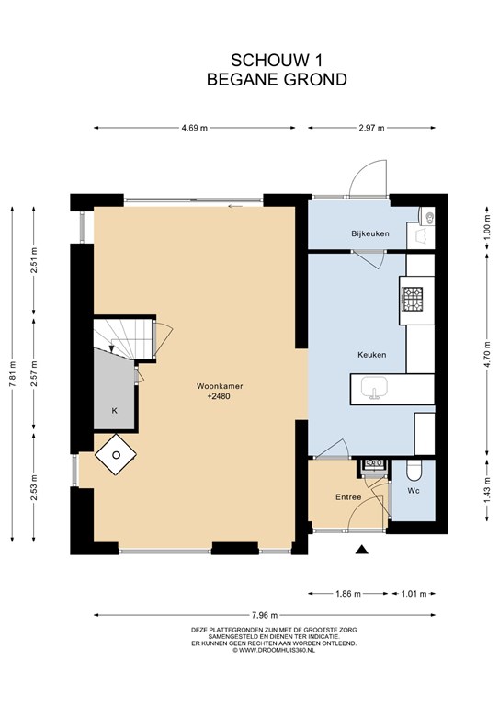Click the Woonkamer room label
click(x=220, y=386)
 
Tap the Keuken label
click(x=371, y=354)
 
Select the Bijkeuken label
click(x=369, y=233)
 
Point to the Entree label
click(x=348, y=497)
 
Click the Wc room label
click(x=413, y=490)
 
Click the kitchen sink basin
click(x=374, y=388)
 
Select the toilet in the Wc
click(x=414, y=471)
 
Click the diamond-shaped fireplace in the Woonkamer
click(x=116, y=454)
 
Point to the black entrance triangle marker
click(x=362, y=550)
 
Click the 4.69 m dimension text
click(x=195, y=128)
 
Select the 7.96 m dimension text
click(x=265, y=615)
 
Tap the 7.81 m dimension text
click(x=13, y=374)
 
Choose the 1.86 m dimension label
click(x=348, y=594)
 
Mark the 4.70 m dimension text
click(x=487, y=355)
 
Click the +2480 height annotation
click(x=219, y=397)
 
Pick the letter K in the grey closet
click(x=114, y=411)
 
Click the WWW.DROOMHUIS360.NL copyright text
click(x=274, y=650)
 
